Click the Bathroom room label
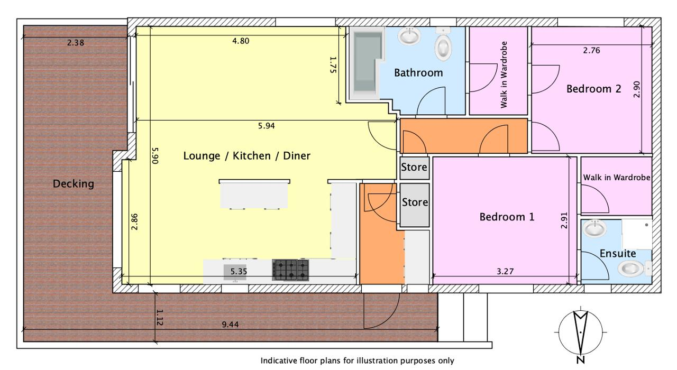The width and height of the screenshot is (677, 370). click(418, 73)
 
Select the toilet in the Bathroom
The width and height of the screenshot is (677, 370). click(443, 44)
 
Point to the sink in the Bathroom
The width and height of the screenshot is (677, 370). click(409, 35)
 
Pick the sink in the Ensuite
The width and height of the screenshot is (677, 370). click(594, 228)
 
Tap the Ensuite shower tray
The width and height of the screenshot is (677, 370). click(636, 234)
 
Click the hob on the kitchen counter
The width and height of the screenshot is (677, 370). click(290, 270)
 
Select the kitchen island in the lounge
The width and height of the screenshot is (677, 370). click(254, 194)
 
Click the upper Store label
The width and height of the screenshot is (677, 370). click(414, 168)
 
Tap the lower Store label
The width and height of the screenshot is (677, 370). click(415, 202)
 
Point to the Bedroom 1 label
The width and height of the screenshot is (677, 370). click(507, 217)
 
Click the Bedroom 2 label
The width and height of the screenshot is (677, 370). click(593, 89)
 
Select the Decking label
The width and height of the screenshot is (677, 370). click(74, 184)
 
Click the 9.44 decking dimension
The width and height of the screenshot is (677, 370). click(230, 325)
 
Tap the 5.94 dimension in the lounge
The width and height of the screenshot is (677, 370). click(266, 126)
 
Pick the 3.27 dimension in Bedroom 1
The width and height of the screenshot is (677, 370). click(505, 272)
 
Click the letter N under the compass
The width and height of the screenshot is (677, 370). click(581, 360)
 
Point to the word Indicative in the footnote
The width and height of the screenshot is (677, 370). click(278, 361)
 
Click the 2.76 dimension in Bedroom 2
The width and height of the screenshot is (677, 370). click(591, 50)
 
